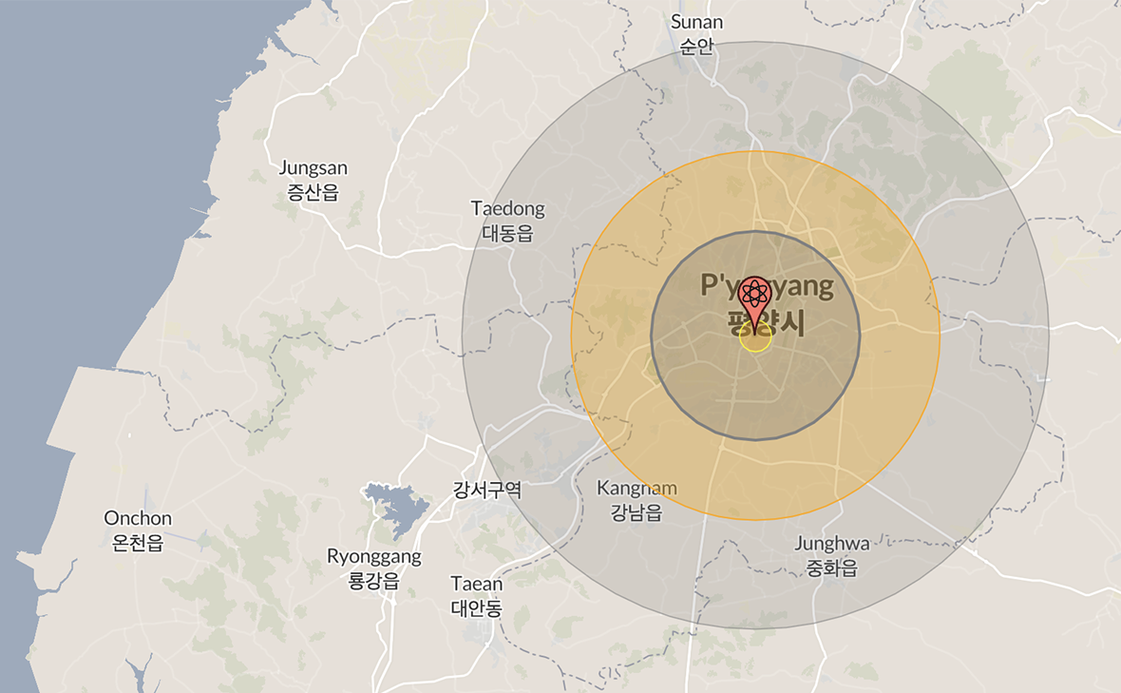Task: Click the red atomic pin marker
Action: click(x=755, y=297)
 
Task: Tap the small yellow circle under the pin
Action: click(x=755, y=338)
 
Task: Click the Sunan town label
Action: click(x=696, y=22)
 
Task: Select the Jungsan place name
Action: click(x=313, y=168)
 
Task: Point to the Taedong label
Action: click(x=508, y=208)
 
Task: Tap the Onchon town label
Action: click(x=138, y=518)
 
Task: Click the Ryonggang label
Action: click(x=374, y=556)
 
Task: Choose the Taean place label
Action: click(x=477, y=583)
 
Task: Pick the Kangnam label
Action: click(x=636, y=488)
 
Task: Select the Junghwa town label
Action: click(x=832, y=544)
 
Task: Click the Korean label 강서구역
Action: click(x=487, y=491)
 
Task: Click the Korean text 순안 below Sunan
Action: click(x=696, y=47)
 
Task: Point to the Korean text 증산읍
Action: click(x=313, y=193)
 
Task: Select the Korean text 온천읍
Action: click(x=138, y=543)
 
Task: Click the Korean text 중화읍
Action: click(x=832, y=568)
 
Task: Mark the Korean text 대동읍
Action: click(x=508, y=233)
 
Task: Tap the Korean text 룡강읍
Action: click(x=374, y=581)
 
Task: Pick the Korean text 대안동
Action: click(x=477, y=607)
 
